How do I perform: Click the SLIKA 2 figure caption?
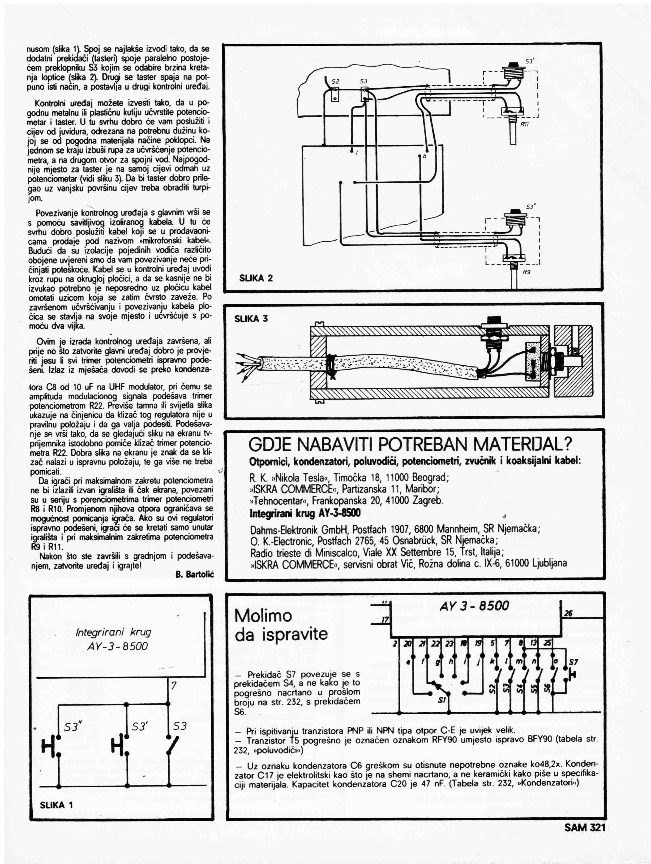click(256, 278)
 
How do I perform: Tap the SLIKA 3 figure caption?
click(251, 319)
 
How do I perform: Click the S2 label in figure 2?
click(335, 81)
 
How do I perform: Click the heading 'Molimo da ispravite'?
click(280, 625)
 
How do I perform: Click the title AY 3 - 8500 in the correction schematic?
click(474, 606)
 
